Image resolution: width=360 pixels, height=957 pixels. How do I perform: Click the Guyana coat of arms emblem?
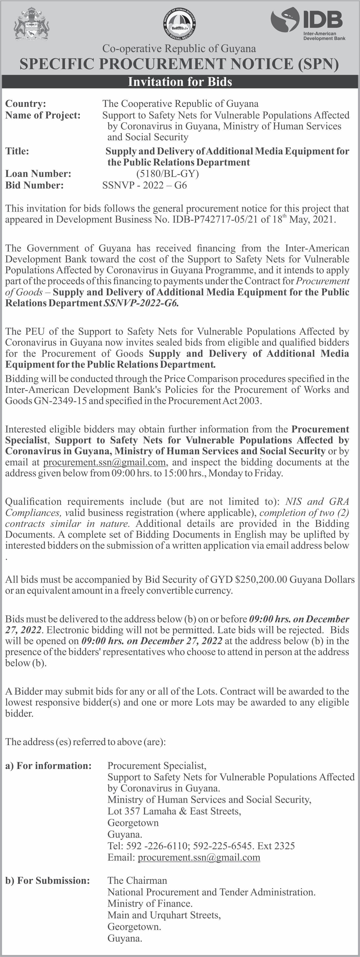(32, 25)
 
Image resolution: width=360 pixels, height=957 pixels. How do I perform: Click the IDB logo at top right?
(308, 24)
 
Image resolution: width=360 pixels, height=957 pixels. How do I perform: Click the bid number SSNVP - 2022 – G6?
(145, 185)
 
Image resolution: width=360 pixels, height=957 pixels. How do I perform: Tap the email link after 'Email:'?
(199, 857)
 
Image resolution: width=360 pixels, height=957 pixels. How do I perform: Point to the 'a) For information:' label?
(48, 766)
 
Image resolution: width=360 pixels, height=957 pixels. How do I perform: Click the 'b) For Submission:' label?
(47, 880)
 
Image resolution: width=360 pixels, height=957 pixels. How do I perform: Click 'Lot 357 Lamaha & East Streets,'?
(174, 811)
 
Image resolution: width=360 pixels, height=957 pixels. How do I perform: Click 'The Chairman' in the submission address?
(137, 880)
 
